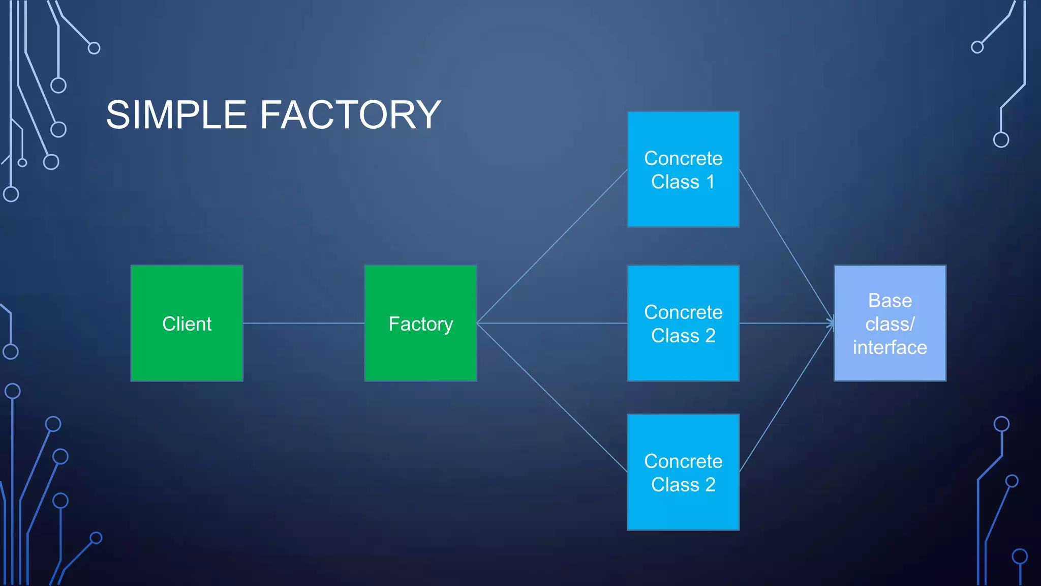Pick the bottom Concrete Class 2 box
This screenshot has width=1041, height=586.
point(683,509)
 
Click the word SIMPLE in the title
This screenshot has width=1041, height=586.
point(176,115)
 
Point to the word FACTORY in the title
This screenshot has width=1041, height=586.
point(351,115)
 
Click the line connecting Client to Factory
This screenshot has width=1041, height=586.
point(303,323)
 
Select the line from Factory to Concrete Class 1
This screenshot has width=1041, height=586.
point(552,246)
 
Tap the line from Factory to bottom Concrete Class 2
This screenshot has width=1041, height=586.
point(552,397)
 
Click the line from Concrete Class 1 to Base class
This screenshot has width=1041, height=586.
point(786,246)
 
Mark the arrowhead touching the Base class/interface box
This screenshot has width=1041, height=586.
point(831,323)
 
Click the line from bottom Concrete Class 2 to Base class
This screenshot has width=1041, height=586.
point(786,397)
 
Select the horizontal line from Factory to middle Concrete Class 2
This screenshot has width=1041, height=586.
point(552,323)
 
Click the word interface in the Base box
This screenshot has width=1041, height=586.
point(890,347)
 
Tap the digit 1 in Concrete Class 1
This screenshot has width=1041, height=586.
point(710,182)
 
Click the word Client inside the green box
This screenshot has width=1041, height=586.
point(187,324)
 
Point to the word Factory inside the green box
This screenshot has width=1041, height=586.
point(420,324)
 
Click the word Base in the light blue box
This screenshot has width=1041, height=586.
point(890,301)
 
